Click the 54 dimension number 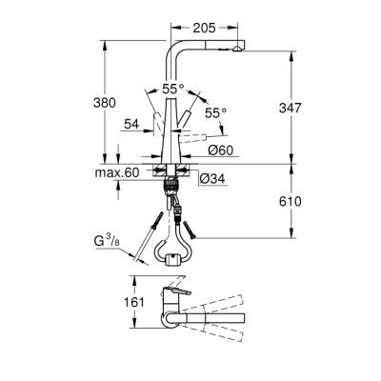coord(133,123)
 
